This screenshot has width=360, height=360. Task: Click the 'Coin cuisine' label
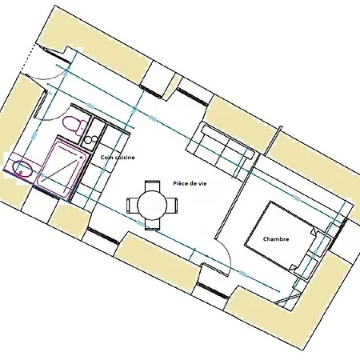coord(118,158)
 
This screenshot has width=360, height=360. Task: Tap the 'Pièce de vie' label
coord(190,183)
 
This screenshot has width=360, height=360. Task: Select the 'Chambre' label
coord(276,239)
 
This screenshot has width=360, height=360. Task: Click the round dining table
coord(152,205)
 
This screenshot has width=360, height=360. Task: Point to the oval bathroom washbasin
coord(22,169)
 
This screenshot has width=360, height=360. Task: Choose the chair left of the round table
coord(133,205)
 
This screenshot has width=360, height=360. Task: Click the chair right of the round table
coord(172,205)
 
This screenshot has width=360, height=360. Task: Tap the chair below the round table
coord(152,224)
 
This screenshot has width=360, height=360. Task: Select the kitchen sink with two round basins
coord(90,139)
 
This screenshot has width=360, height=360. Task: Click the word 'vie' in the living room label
coord(202,183)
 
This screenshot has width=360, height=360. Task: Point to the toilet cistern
coord(82,127)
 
